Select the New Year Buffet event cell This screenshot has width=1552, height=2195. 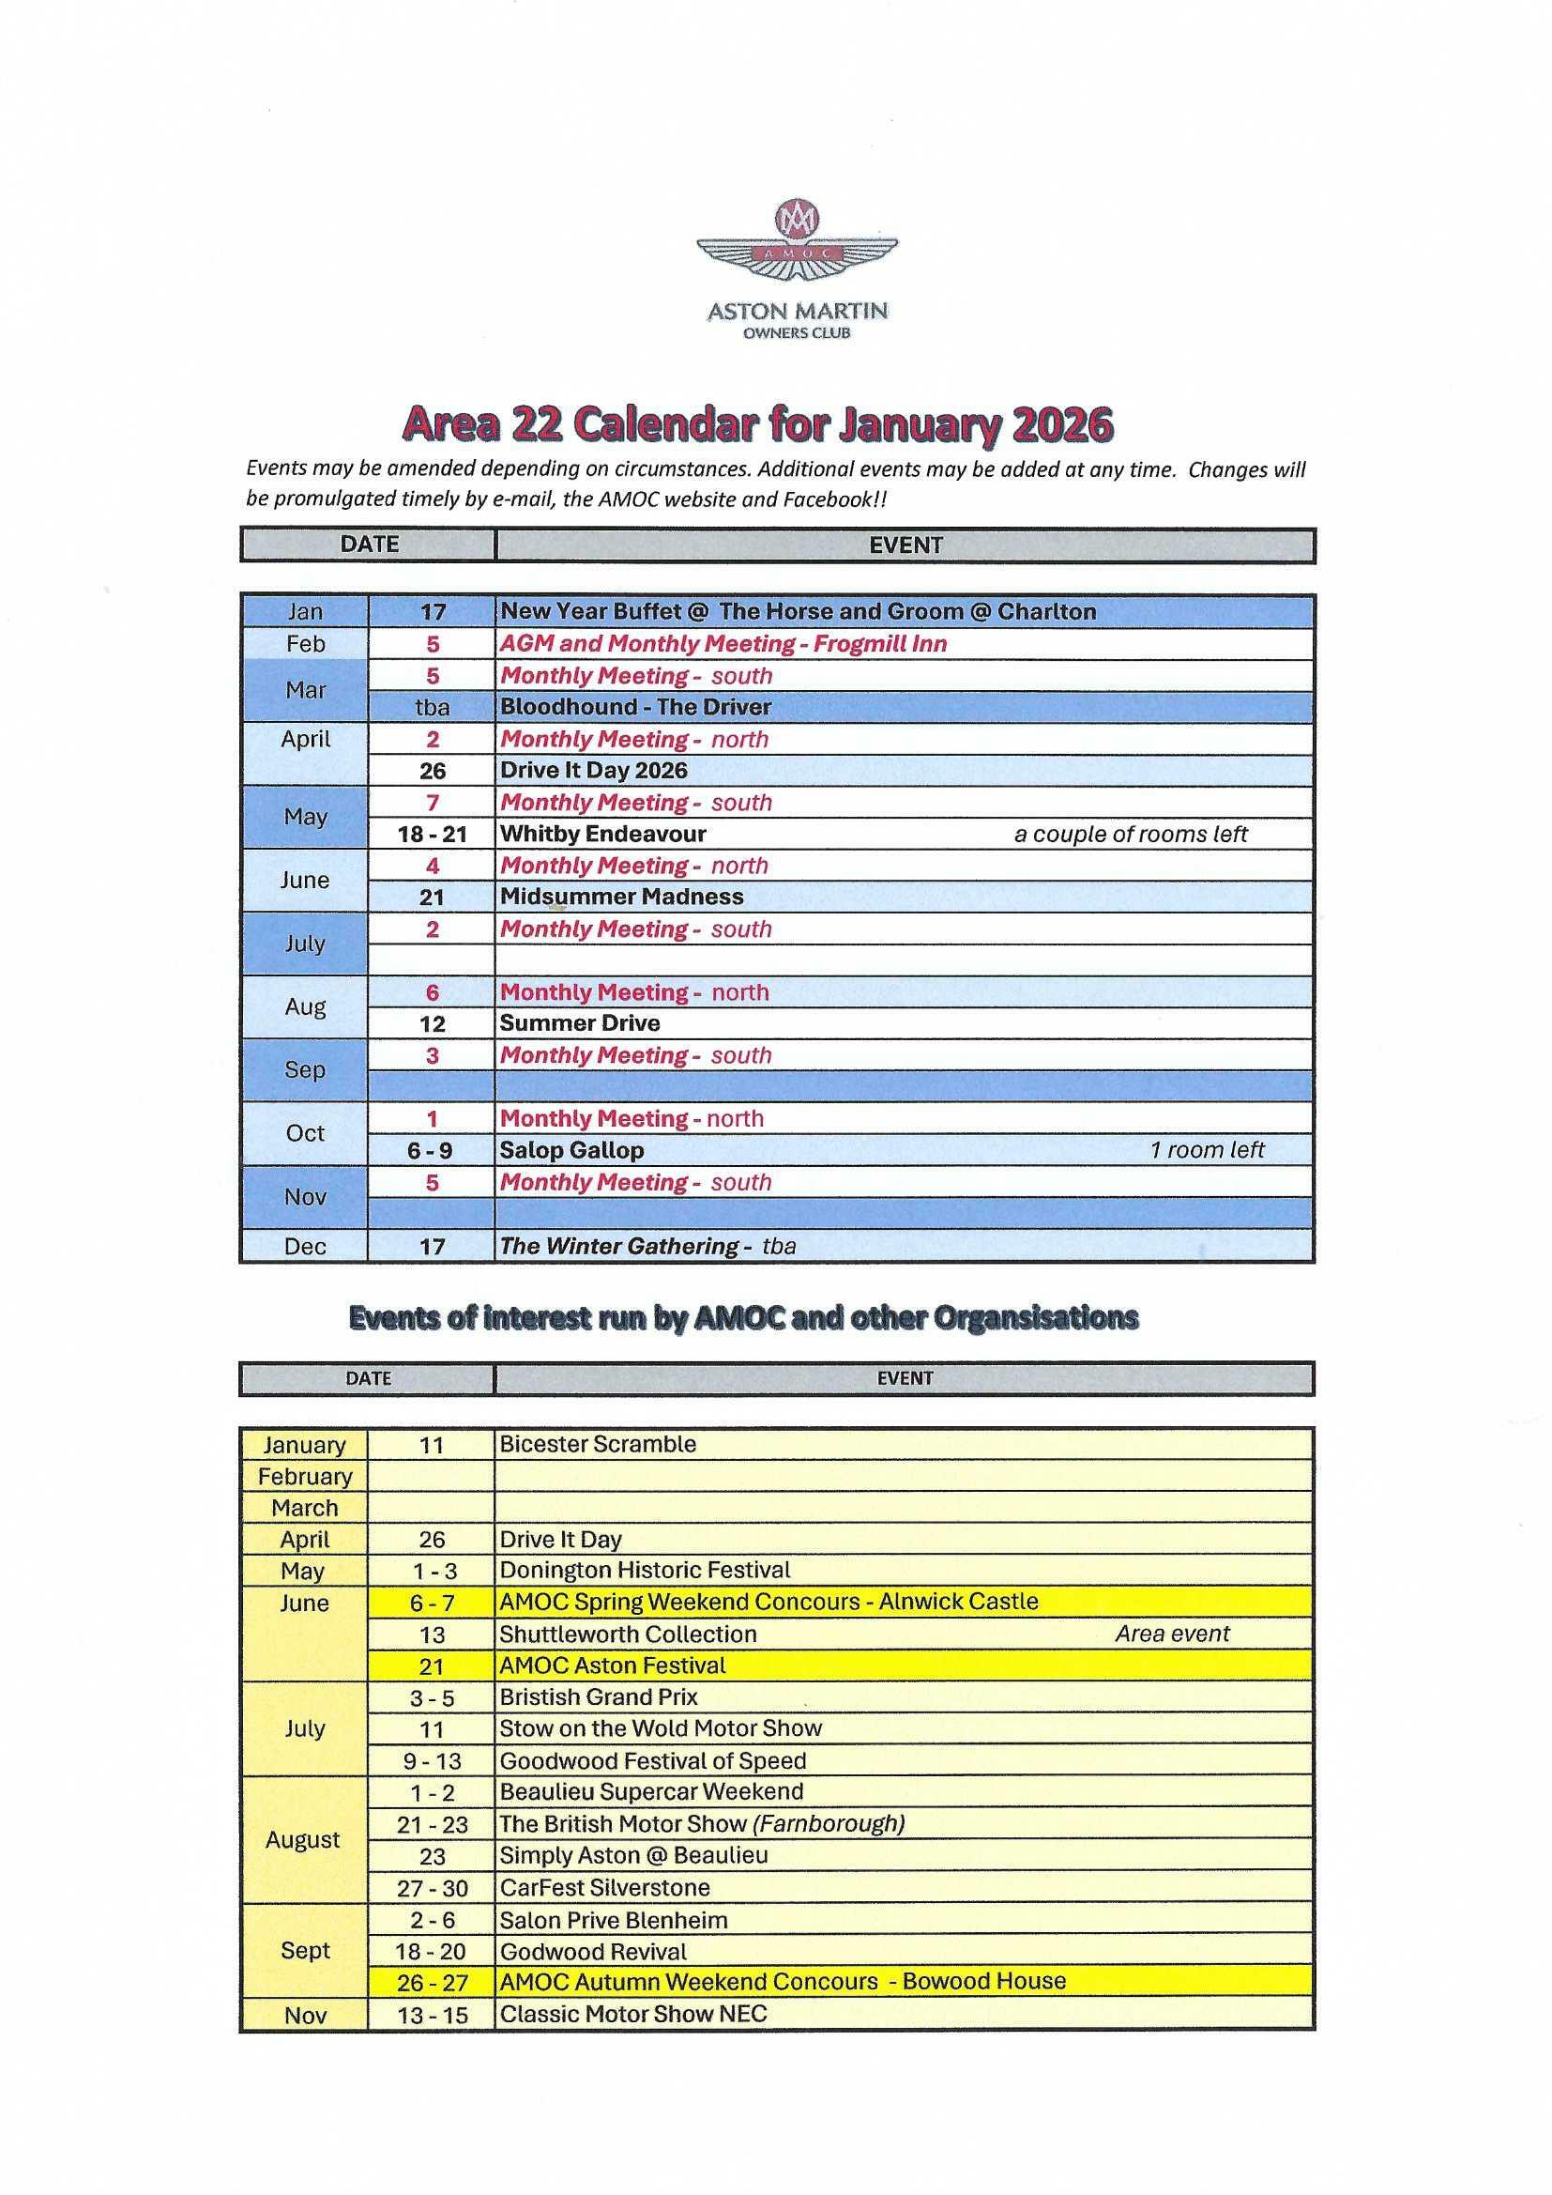pos(797,612)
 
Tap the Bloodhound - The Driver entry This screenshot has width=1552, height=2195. pos(634,708)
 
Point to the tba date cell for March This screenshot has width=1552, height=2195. pos(432,708)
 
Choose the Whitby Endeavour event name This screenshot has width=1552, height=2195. pos(602,834)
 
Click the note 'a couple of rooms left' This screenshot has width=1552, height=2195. pos(1131,834)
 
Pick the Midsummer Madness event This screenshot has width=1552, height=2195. pos(621,897)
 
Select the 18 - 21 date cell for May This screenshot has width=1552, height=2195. pos(432,834)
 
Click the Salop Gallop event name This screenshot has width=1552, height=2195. pos(571,1150)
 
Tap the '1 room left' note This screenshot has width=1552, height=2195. pos(1207,1150)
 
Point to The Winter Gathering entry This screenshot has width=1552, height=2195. pos(647,1247)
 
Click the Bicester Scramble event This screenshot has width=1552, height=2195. pos(598,1445)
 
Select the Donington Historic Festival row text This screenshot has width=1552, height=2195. pos(645,1571)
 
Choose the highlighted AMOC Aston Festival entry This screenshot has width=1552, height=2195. pos(613,1666)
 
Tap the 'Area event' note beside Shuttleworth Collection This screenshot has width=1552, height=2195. pos(1173,1634)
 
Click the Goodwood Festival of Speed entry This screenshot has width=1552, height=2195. pos(653,1761)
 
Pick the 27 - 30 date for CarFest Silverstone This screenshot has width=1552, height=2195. pos(432,1888)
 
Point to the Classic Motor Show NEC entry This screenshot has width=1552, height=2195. pos(632,2015)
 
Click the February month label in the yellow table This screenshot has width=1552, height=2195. pos(305,1477)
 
